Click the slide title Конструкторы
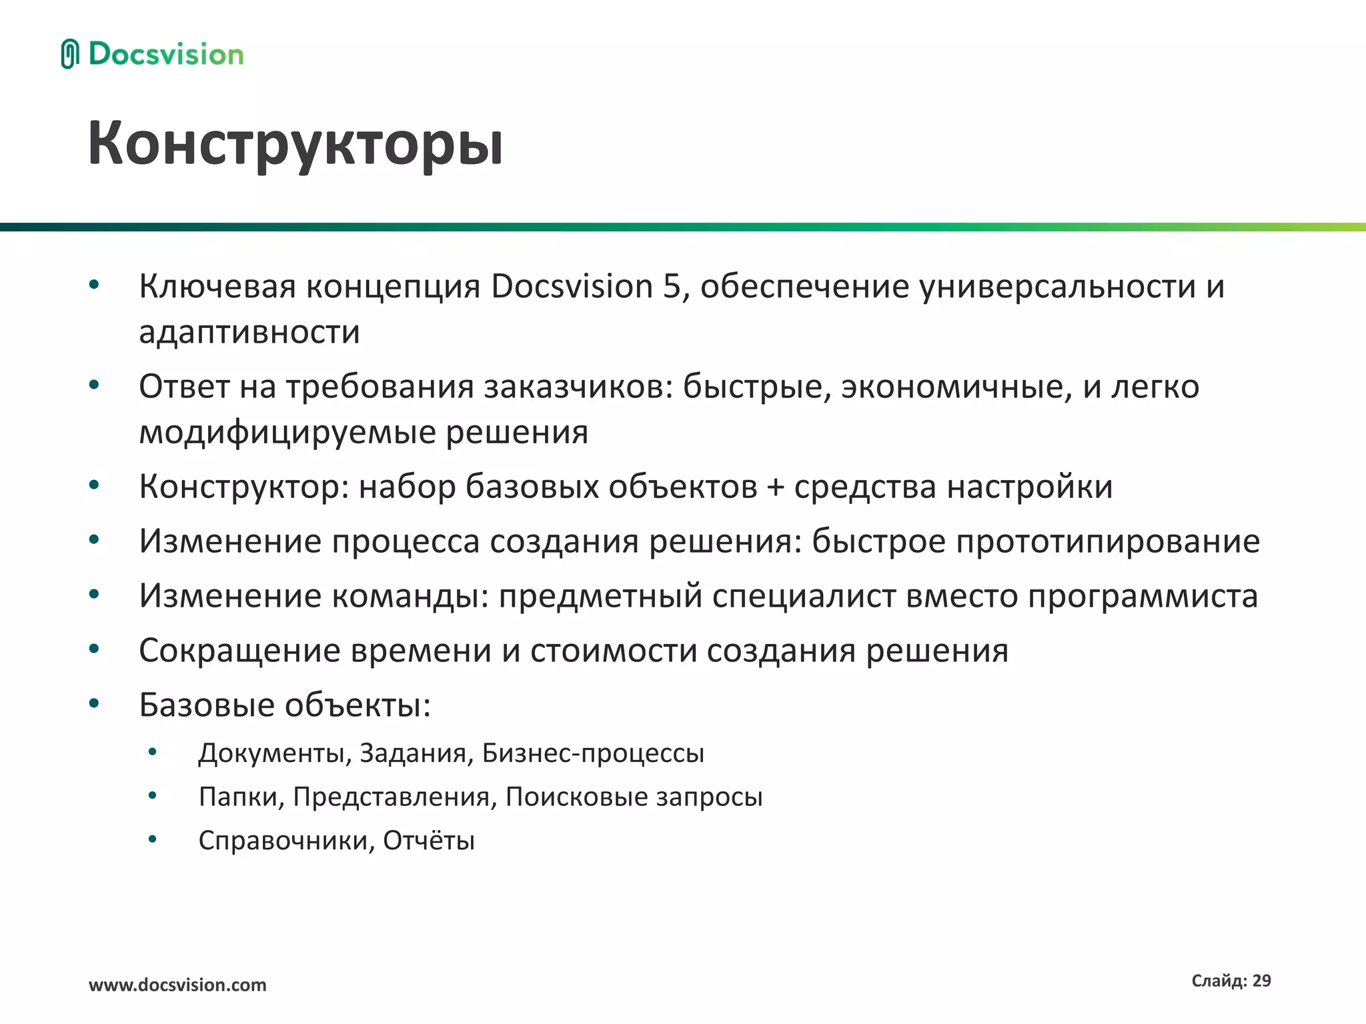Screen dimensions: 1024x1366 [295, 143]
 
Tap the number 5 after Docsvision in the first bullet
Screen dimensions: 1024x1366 [672, 287]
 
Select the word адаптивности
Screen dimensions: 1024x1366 [249, 332]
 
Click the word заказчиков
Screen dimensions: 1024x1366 [578, 387]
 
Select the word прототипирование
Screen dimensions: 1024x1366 [1108, 541]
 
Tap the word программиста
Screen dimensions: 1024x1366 [1143, 595]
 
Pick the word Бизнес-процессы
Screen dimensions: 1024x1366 [593, 753]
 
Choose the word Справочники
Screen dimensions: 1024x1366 [287, 841]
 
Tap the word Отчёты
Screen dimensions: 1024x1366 [429, 841]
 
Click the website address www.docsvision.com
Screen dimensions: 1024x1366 [177, 985]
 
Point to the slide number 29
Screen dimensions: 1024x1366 [1261, 981]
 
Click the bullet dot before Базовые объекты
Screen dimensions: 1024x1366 [94, 703]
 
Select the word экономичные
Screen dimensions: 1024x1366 [952, 387]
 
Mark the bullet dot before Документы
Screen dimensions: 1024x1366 [153, 752]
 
